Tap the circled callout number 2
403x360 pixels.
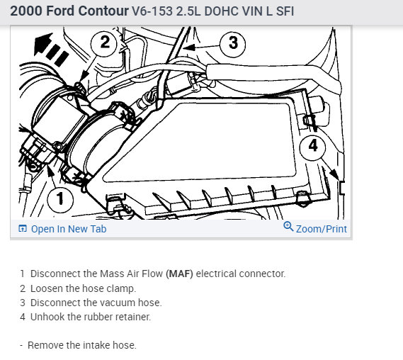[x=104, y=43]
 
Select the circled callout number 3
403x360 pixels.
[x=233, y=44]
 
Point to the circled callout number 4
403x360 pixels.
[x=313, y=146]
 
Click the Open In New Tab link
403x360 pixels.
[x=69, y=229]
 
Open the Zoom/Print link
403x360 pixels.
[x=322, y=229]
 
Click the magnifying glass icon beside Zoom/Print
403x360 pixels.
[x=288, y=227]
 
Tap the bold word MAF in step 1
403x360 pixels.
[x=179, y=274]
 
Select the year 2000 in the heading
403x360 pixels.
[x=26, y=11]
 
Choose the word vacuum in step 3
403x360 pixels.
[x=117, y=303]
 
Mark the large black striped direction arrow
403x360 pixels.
[x=50, y=48]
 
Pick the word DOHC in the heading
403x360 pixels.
[x=222, y=11]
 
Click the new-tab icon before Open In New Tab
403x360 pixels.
[x=23, y=228]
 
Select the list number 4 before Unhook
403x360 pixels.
[x=23, y=317]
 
